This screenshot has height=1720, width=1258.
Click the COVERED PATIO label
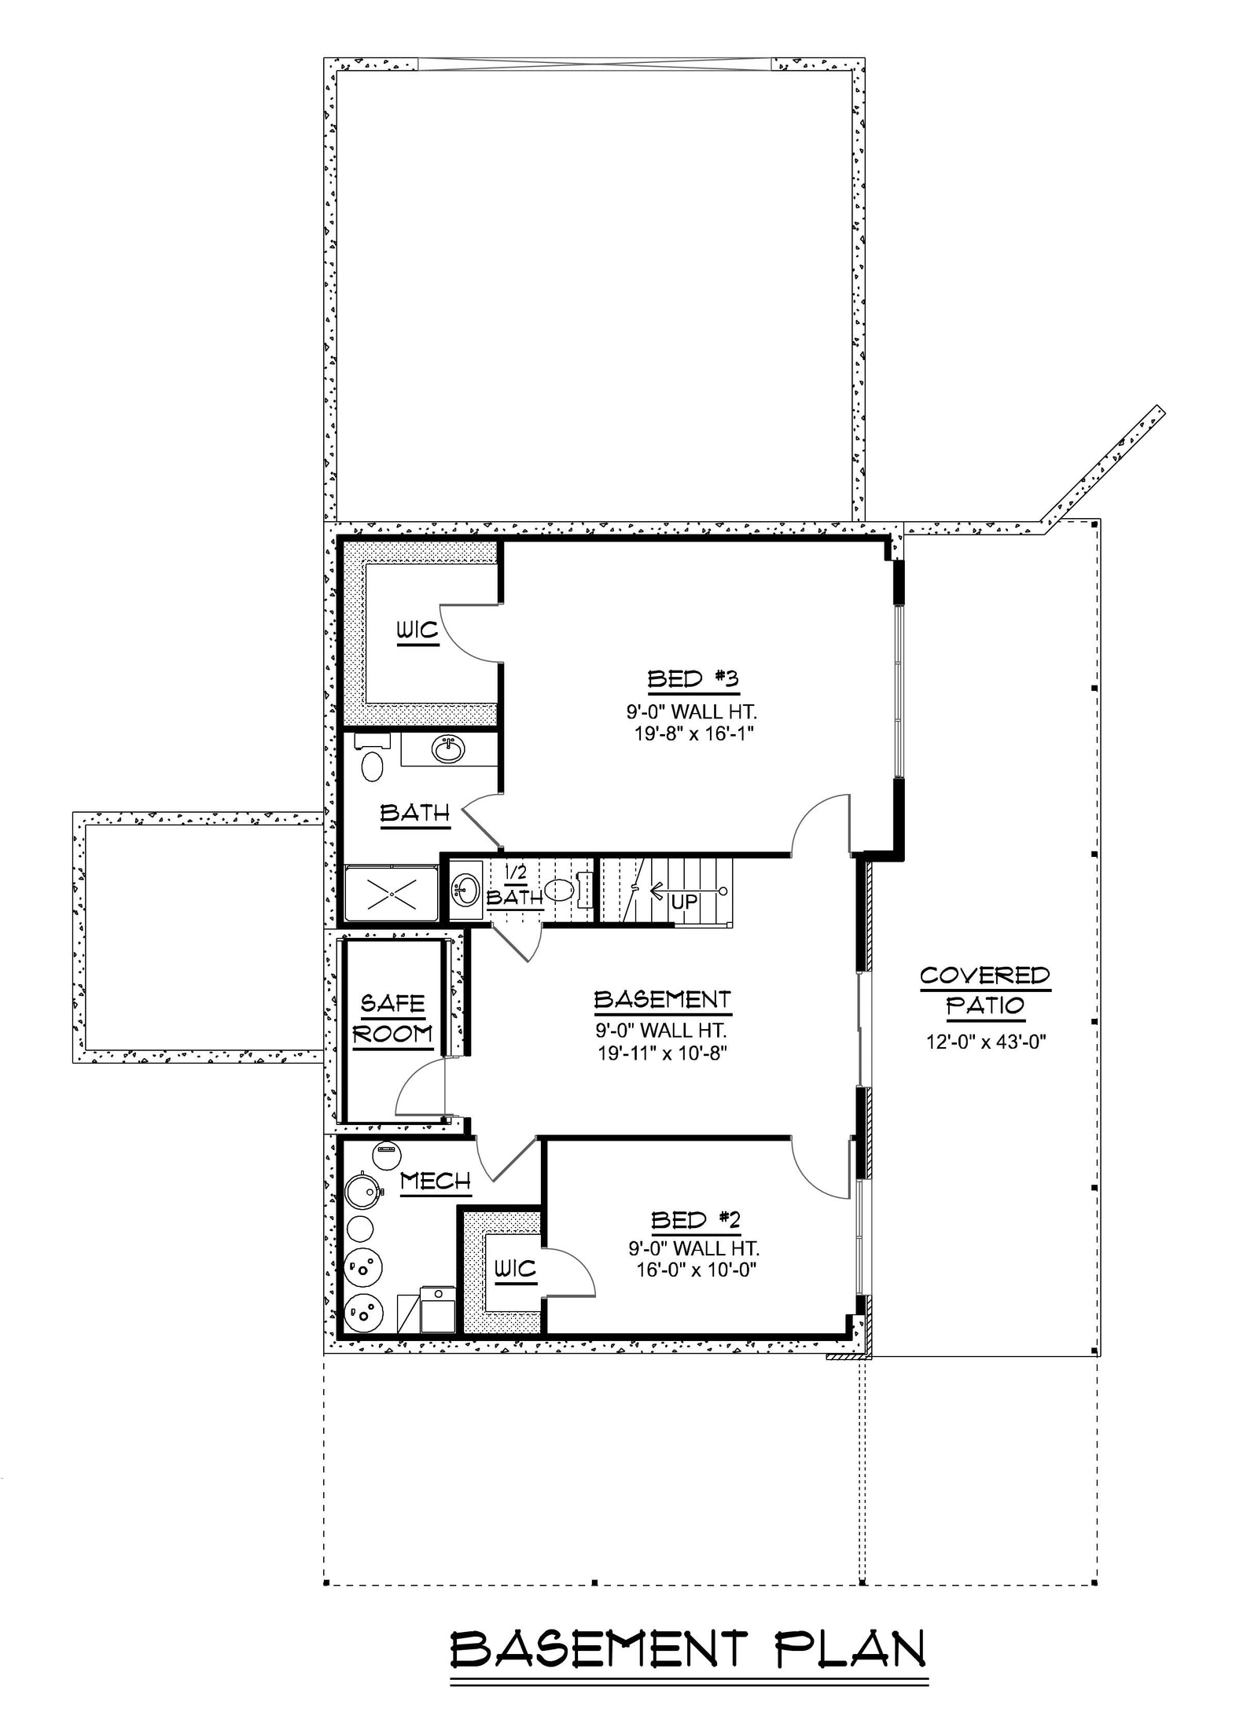[x=984, y=990]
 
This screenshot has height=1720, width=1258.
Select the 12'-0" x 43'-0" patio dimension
[x=984, y=1042]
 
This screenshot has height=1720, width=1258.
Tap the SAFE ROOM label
[x=392, y=1018]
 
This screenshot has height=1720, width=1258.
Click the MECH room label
[x=435, y=1181]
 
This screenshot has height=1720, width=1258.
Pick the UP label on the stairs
[x=684, y=901]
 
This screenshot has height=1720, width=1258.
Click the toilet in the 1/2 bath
[x=559, y=889]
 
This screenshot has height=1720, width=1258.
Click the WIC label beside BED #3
[x=417, y=630]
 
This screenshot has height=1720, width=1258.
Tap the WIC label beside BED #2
[x=514, y=1268]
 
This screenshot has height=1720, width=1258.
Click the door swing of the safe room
[x=420, y=1088]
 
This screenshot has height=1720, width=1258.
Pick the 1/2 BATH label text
[x=514, y=887]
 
